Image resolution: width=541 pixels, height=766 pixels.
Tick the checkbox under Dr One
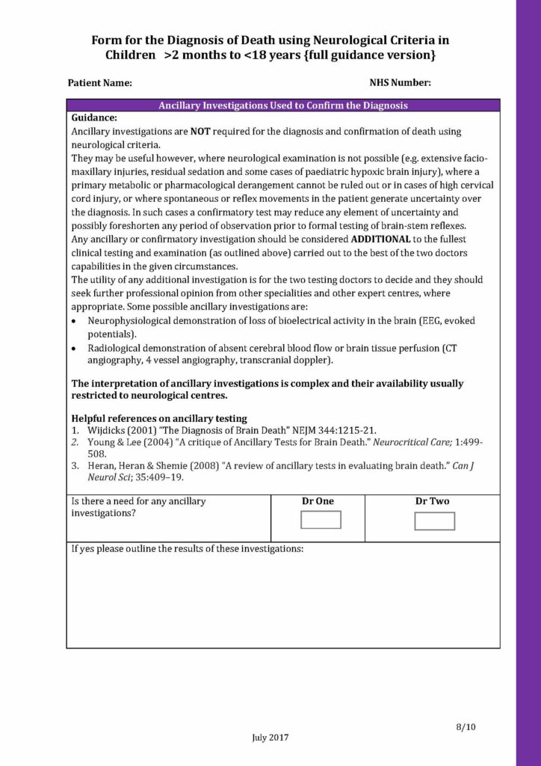[321, 520]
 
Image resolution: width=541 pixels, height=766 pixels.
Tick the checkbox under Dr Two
[434, 521]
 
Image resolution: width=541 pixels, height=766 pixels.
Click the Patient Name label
[99, 83]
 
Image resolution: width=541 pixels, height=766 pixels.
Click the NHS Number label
[400, 83]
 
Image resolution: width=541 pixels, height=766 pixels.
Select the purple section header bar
[282, 105]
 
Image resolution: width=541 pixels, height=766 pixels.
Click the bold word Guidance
[93, 117]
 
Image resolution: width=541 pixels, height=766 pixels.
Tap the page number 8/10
[465, 726]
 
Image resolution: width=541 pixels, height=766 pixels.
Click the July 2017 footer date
[270, 737]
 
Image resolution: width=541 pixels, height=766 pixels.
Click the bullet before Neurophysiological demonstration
[74, 321]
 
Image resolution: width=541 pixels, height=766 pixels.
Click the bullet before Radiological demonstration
[74, 349]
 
